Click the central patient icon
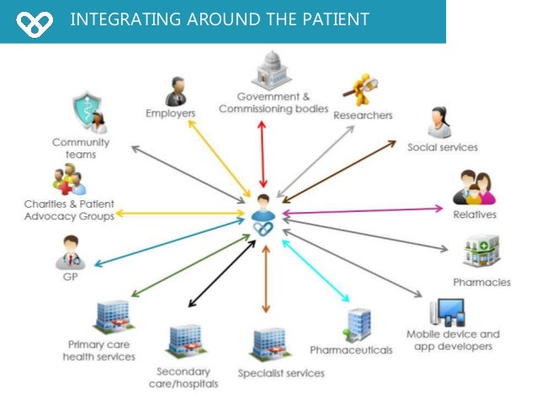click(265, 215)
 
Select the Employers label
click(171, 113)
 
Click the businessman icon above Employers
click(176, 90)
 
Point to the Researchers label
click(362, 115)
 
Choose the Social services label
click(442, 147)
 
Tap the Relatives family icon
click(474, 188)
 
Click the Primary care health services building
click(112, 316)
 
